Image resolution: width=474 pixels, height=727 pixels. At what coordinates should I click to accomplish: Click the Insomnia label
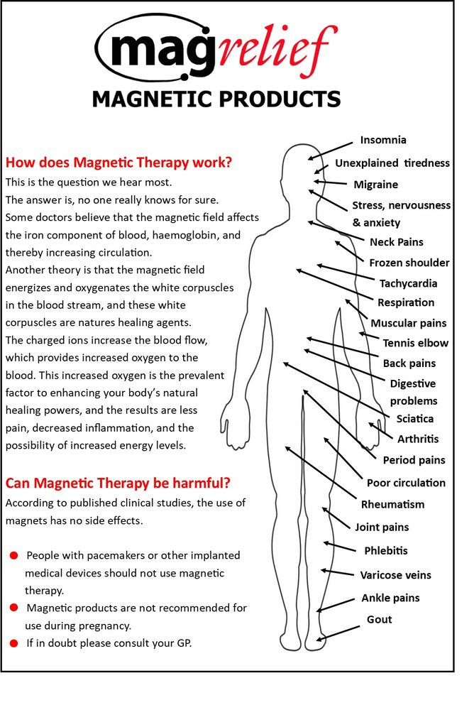pos(383,141)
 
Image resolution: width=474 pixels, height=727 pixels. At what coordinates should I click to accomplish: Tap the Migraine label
pos(375,185)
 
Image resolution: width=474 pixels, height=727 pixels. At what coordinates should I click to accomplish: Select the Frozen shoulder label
pos(409,263)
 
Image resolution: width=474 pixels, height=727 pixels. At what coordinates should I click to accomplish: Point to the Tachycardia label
pos(408,283)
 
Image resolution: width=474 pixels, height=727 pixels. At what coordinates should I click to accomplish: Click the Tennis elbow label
pos(415,343)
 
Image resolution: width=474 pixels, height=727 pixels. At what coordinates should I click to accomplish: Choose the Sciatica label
pos(414,419)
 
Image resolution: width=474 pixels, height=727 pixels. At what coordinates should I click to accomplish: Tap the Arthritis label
pos(417,439)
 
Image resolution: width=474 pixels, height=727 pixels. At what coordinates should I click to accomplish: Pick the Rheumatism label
pos(392,505)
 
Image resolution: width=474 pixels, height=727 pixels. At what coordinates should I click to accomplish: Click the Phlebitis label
pos(385,551)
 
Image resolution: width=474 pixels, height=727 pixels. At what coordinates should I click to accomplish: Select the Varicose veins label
pos(395,575)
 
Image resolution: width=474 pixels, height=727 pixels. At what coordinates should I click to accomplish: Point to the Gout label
pos(379,620)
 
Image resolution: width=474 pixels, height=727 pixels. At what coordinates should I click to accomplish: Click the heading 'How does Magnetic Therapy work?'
pos(118,162)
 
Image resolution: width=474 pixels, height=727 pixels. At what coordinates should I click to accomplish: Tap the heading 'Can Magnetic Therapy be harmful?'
pos(118,483)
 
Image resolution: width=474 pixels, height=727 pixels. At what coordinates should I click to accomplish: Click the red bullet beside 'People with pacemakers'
pos(13,554)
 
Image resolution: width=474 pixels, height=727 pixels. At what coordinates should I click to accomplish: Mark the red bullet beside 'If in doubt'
pos(13,643)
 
